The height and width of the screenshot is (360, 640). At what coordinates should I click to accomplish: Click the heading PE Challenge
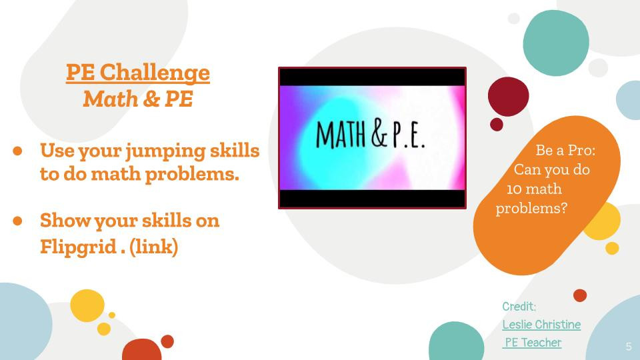138,72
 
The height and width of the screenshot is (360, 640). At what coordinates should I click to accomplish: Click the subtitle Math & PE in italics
138,99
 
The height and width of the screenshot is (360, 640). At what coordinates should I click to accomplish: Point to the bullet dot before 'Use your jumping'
18,151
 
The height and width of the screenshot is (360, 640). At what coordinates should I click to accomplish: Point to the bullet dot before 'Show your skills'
18,220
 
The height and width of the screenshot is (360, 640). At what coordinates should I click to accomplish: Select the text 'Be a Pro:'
565,151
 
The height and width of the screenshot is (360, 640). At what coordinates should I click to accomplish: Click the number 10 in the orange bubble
514,189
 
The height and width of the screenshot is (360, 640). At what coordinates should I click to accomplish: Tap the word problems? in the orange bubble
531,209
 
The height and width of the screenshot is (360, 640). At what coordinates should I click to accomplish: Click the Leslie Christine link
541,325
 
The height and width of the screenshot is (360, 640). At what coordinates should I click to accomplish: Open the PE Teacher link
533,343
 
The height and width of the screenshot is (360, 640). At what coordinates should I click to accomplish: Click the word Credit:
519,307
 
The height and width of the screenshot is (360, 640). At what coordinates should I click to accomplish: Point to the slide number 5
629,347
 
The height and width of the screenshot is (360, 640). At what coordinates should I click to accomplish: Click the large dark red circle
508,97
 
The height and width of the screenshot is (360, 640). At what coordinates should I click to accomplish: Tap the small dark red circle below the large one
497,125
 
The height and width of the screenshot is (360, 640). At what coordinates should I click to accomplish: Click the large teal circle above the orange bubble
556,42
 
